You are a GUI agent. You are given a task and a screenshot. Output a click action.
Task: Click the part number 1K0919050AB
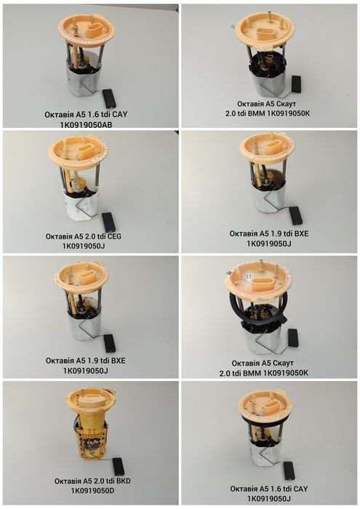[86, 124]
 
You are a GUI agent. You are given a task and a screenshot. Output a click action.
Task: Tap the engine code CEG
[114, 236]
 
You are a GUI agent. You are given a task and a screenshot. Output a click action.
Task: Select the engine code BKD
[123, 481]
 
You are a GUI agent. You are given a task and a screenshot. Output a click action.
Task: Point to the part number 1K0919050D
[92, 491]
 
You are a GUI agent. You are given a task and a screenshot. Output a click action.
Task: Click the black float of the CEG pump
[109, 222]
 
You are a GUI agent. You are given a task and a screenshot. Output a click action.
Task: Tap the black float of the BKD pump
[117, 466]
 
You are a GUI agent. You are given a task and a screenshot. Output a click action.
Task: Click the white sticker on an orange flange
[249, 276]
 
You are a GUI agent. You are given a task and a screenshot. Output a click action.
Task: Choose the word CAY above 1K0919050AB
[120, 115]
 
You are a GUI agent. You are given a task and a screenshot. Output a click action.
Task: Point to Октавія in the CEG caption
[59, 236]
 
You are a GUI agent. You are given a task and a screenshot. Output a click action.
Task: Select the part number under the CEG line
[84, 246]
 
